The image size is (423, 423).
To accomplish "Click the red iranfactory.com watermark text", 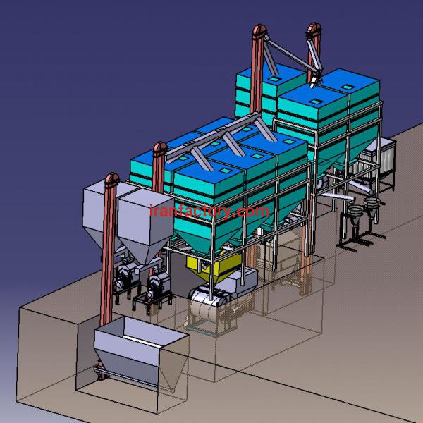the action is [x=209, y=211].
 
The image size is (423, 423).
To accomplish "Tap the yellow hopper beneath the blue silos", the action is [x=213, y=266].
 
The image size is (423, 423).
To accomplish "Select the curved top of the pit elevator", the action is [x=112, y=179].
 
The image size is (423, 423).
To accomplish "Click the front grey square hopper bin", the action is [x=146, y=225].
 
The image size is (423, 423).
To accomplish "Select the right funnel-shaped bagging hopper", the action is [x=372, y=206].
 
